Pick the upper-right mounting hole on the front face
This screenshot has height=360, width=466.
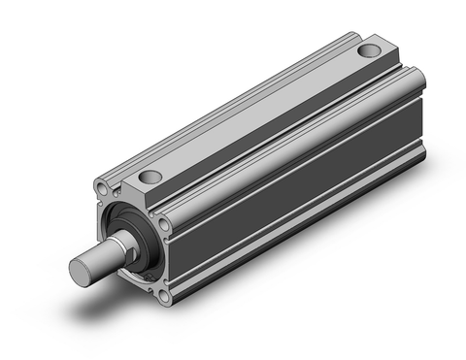[x=164, y=224]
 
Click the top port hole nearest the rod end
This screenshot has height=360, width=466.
[x=148, y=178]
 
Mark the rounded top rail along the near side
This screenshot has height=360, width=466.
[x=291, y=136]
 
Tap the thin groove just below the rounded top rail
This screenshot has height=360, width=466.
[x=291, y=150]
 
